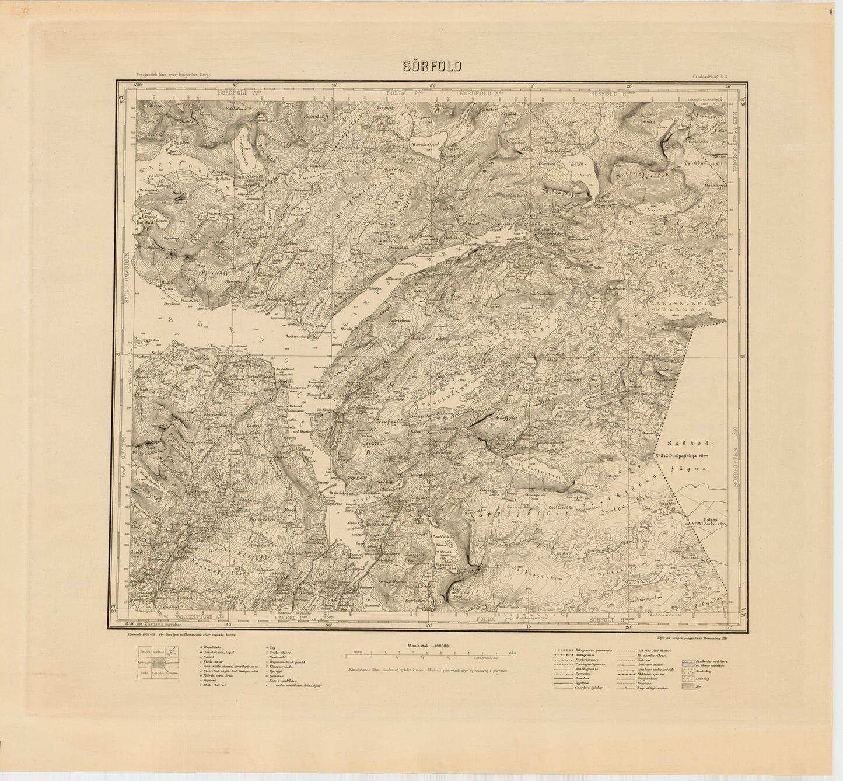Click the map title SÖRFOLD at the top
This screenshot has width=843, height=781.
(432, 66)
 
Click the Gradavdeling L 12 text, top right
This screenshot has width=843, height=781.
(709, 76)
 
